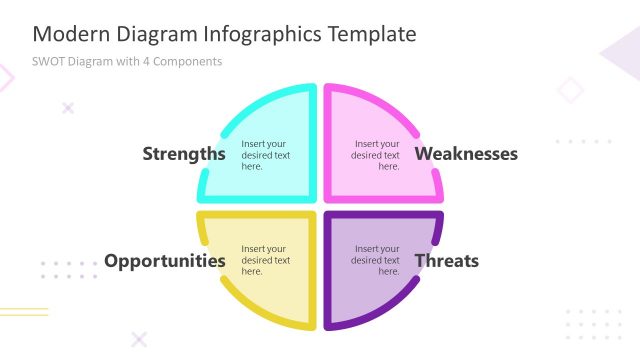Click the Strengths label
184,154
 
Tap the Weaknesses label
466,154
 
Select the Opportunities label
165,261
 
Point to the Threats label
447,261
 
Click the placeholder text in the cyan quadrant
265,155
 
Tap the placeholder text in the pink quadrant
375,155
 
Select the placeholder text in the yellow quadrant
265,260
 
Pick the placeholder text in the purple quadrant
375,260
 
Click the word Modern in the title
67,34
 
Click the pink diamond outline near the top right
570,90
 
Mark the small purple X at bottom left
139,339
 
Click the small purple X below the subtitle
68,107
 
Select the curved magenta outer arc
405,116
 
